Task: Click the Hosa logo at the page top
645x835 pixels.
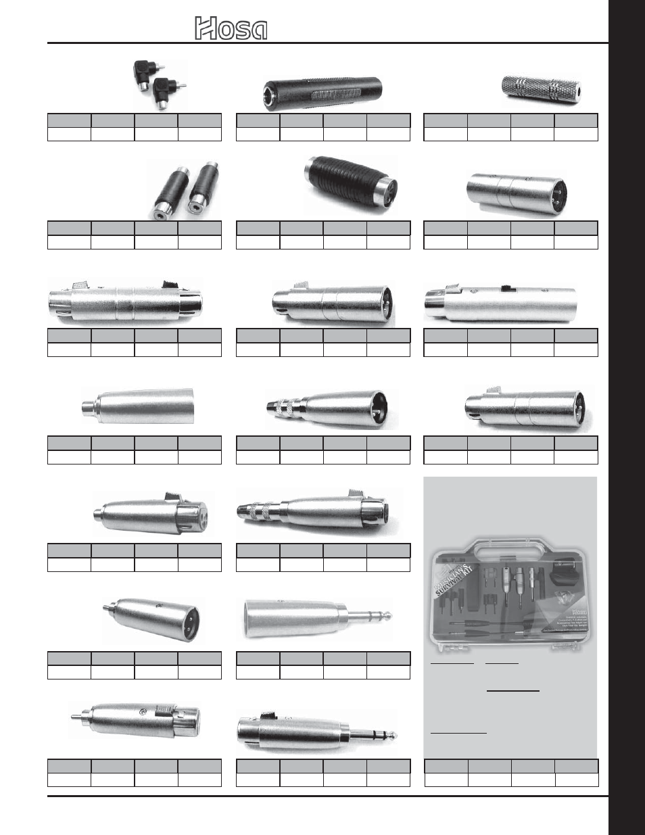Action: pyautogui.click(x=231, y=29)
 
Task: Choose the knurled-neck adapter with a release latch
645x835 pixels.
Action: pyautogui.click(x=318, y=514)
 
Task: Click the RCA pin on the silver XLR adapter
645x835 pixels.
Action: pyautogui.click(x=76, y=719)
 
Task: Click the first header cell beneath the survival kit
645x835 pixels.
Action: pyautogui.click(x=446, y=766)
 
